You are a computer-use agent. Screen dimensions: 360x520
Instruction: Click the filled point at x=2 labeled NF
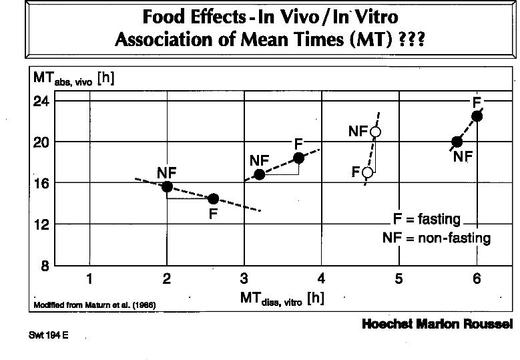click(x=167, y=186)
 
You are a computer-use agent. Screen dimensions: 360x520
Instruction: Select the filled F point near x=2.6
click(x=213, y=198)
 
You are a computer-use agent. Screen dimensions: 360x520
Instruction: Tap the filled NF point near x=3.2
click(x=260, y=174)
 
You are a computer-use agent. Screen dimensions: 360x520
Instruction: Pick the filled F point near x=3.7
click(x=298, y=158)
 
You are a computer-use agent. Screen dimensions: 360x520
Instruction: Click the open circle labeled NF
click(x=375, y=132)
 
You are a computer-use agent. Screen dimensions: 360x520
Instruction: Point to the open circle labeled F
click(x=367, y=172)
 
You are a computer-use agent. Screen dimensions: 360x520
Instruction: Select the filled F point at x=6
click(x=477, y=116)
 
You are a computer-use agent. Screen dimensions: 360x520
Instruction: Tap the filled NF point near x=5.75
click(x=457, y=142)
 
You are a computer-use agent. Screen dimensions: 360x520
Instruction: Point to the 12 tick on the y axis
click(x=42, y=224)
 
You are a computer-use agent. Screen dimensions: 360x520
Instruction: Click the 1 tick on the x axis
click(x=89, y=279)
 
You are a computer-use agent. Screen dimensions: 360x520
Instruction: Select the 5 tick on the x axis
click(x=399, y=279)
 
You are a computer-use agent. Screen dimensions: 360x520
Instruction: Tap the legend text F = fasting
click(x=427, y=219)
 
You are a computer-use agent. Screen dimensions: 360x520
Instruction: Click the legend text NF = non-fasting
click(x=436, y=238)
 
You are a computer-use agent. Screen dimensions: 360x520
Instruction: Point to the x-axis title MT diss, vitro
click(x=282, y=299)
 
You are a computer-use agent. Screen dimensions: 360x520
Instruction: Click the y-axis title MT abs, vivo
click(x=74, y=79)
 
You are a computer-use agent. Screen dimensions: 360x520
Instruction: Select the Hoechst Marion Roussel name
click(x=437, y=324)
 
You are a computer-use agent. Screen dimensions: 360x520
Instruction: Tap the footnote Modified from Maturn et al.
click(x=94, y=306)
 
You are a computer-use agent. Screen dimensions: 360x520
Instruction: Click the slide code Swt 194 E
click(x=49, y=335)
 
